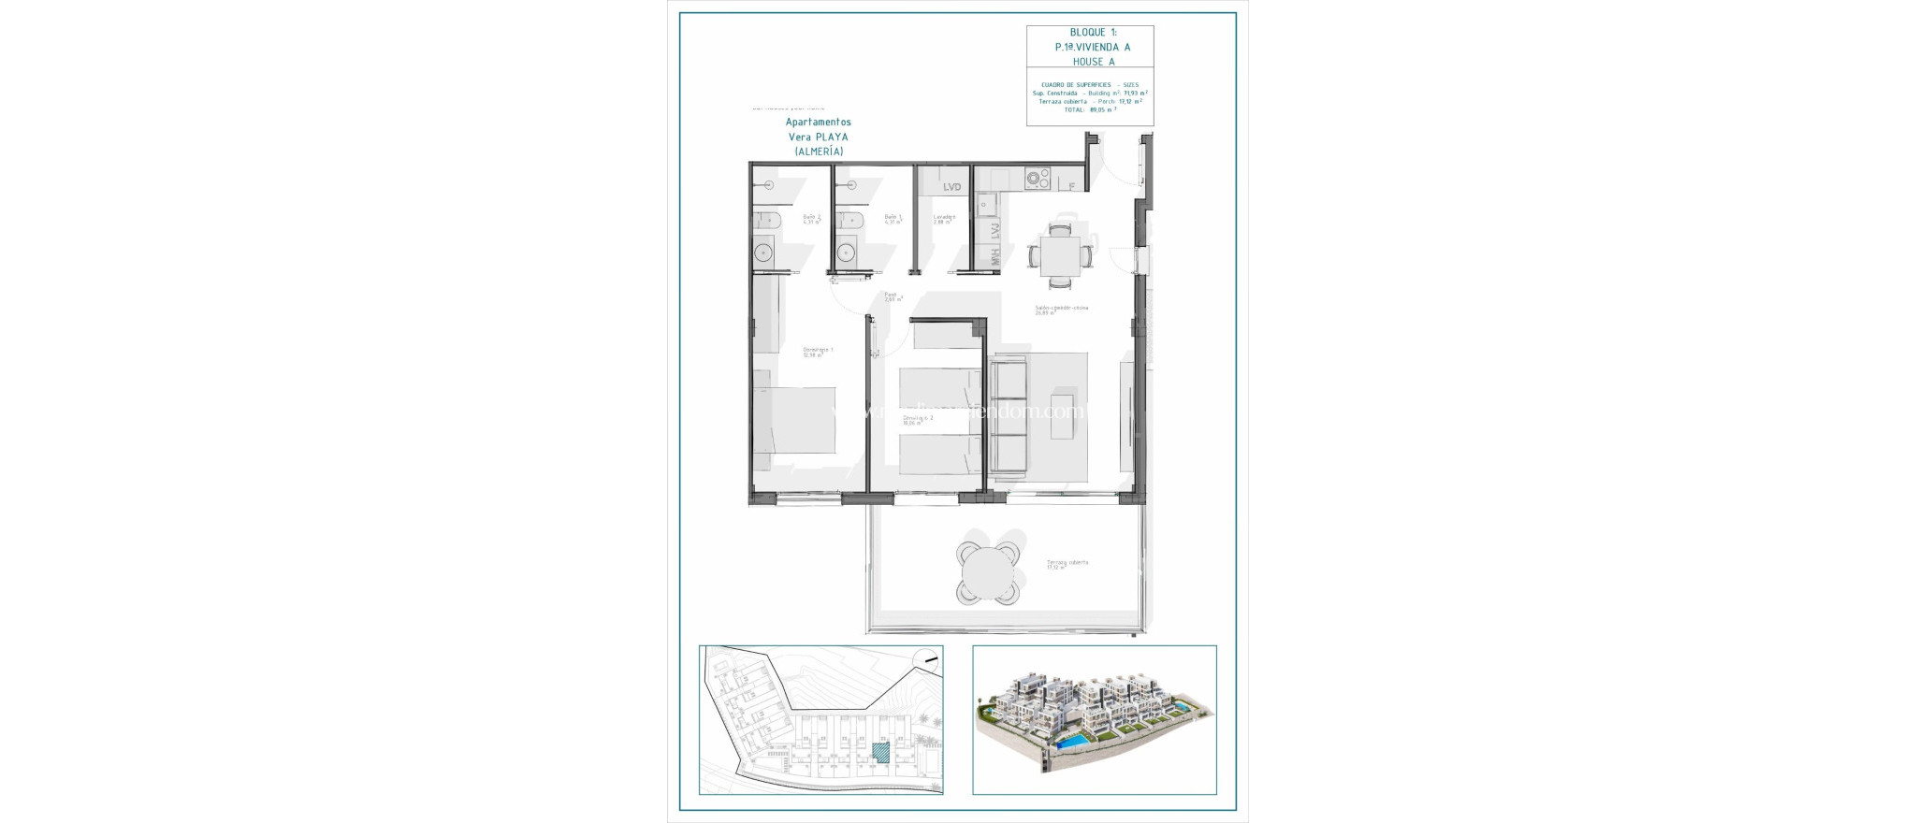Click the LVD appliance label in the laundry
pyautogui.click(x=951, y=187)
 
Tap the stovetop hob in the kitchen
pyautogui.click(x=1037, y=178)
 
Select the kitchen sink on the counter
pyautogui.click(x=986, y=205)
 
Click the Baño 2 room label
pyautogui.click(x=812, y=219)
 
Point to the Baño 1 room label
pyautogui.click(x=893, y=219)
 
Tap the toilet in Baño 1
pyautogui.click(x=849, y=221)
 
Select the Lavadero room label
pyautogui.click(x=944, y=219)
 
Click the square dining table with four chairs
pyautogui.click(x=1060, y=253)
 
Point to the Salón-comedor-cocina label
pyautogui.click(x=1061, y=309)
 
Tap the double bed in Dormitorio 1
pyautogui.click(x=795, y=421)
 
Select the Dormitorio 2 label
pyautogui.click(x=917, y=419)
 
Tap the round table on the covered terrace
pyautogui.click(x=987, y=567)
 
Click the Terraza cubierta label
pyautogui.click(x=1067, y=564)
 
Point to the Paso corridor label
pyautogui.click(x=892, y=296)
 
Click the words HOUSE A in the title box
pyautogui.click(x=1093, y=62)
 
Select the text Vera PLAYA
pyautogui.click(x=818, y=137)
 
